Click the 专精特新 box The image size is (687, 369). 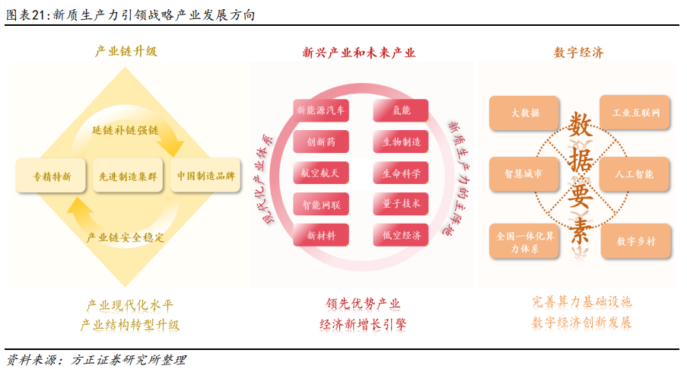(x=51, y=176)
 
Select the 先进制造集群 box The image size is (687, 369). (x=128, y=176)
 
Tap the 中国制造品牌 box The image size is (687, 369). (x=205, y=176)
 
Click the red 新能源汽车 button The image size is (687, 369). (x=321, y=110)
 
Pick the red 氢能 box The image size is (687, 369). (x=400, y=110)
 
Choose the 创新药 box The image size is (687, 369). (x=321, y=142)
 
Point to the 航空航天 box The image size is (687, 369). (x=321, y=173)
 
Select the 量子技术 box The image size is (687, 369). (x=400, y=204)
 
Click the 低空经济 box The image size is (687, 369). (x=400, y=235)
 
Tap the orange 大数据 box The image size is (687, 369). (x=524, y=113)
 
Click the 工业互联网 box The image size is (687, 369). (x=635, y=112)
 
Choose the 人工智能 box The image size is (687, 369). (x=635, y=174)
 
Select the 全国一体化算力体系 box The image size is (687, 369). (x=524, y=241)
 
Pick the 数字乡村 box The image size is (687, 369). (x=636, y=241)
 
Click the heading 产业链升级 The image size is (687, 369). (x=126, y=51)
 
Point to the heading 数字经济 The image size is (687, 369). (x=578, y=52)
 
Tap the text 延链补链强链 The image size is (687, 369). (x=126, y=129)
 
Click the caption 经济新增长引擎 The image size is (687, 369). (x=363, y=324)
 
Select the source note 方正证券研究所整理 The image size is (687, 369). (x=129, y=360)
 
